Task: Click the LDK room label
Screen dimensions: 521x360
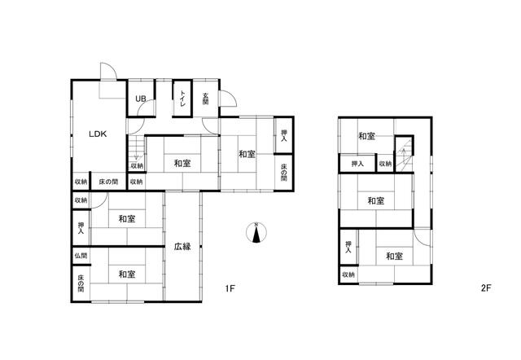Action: coord(98,134)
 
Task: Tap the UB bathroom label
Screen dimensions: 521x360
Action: coord(141,99)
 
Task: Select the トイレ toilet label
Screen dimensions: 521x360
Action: coord(182,99)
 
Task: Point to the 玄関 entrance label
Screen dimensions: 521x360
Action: coord(206,99)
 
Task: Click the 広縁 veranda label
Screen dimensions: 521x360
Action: coord(182,247)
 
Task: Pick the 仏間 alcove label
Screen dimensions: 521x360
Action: coord(81,256)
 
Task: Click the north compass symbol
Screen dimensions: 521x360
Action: coord(256,233)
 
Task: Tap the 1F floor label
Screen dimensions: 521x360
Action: coord(230,288)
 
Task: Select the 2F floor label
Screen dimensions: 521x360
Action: coord(486,288)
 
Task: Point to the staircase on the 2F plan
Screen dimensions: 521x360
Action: coord(404,154)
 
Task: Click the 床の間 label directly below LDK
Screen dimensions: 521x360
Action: coord(108,182)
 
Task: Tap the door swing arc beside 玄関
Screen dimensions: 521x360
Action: coord(228,99)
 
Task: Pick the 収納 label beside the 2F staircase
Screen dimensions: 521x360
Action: coord(385,164)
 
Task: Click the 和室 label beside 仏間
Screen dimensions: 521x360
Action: coord(127,274)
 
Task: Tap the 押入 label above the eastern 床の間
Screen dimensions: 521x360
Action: coord(284,135)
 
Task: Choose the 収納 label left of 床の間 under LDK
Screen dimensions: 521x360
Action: coord(81,182)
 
